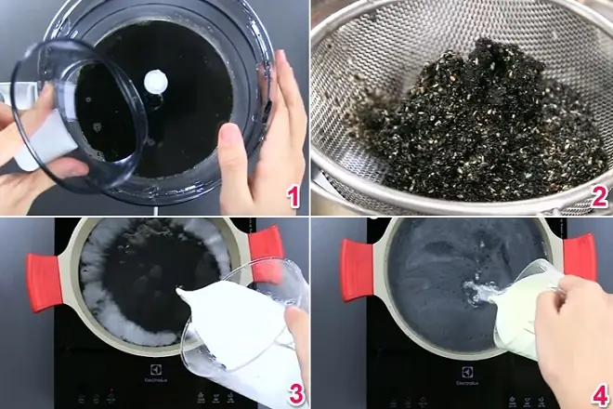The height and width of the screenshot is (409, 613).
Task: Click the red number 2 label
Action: pyautogui.click(x=599, y=196)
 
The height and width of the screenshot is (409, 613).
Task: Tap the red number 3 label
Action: pyautogui.click(x=295, y=394)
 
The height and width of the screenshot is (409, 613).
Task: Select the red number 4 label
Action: pyautogui.click(x=599, y=394)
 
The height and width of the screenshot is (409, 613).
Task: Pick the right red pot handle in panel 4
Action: pyautogui.click(x=578, y=256)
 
